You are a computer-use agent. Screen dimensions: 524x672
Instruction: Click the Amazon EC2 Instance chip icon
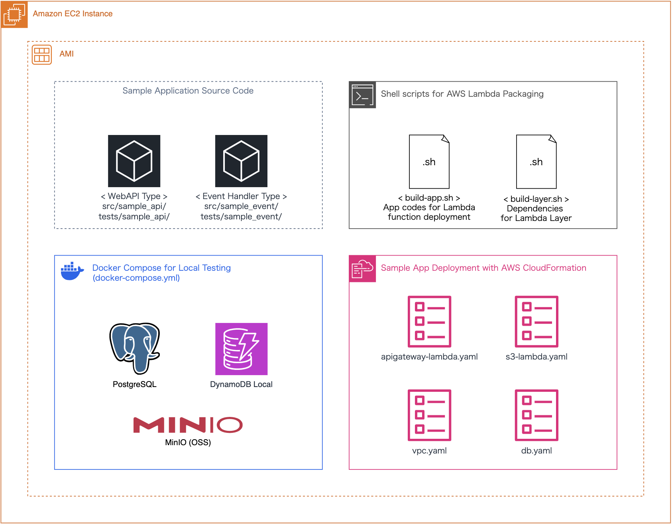(x=14, y=14)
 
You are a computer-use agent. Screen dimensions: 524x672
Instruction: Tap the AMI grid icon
(x=42, y=55)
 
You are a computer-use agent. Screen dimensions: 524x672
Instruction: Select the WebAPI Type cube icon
(x=134, y=161)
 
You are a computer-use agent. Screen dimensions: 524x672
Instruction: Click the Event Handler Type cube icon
(x=241, y=161)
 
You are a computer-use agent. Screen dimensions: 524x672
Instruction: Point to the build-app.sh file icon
(x=429, y=161)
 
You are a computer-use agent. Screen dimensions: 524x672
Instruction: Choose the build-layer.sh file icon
(x=536, y=161)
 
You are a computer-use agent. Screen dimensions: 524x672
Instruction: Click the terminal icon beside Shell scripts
(x=362, y=95)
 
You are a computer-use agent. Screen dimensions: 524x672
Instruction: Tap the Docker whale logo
(x=72, y=272)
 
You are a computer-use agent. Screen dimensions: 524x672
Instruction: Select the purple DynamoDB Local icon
(x=241, y=349)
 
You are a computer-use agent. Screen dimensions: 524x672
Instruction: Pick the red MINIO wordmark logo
(x=188, y=425)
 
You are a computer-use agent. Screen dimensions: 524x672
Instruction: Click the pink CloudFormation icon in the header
(x=362, y=269)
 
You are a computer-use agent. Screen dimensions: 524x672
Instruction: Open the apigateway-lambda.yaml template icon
(x=429, y=321)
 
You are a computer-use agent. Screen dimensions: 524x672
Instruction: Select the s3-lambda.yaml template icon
(x=536, y=321)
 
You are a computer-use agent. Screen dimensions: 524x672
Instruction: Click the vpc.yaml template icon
(x=429, y=415)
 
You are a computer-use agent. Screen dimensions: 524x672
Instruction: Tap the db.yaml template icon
(x=536, y=415)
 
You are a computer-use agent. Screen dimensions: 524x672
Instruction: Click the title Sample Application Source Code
(x=188, y=91)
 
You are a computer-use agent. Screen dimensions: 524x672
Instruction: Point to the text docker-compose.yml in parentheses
(x=136, y=278)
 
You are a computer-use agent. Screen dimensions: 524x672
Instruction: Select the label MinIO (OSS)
(x=188, y=442)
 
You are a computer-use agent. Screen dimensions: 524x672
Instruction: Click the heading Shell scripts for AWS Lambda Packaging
(x=462, y=94)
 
